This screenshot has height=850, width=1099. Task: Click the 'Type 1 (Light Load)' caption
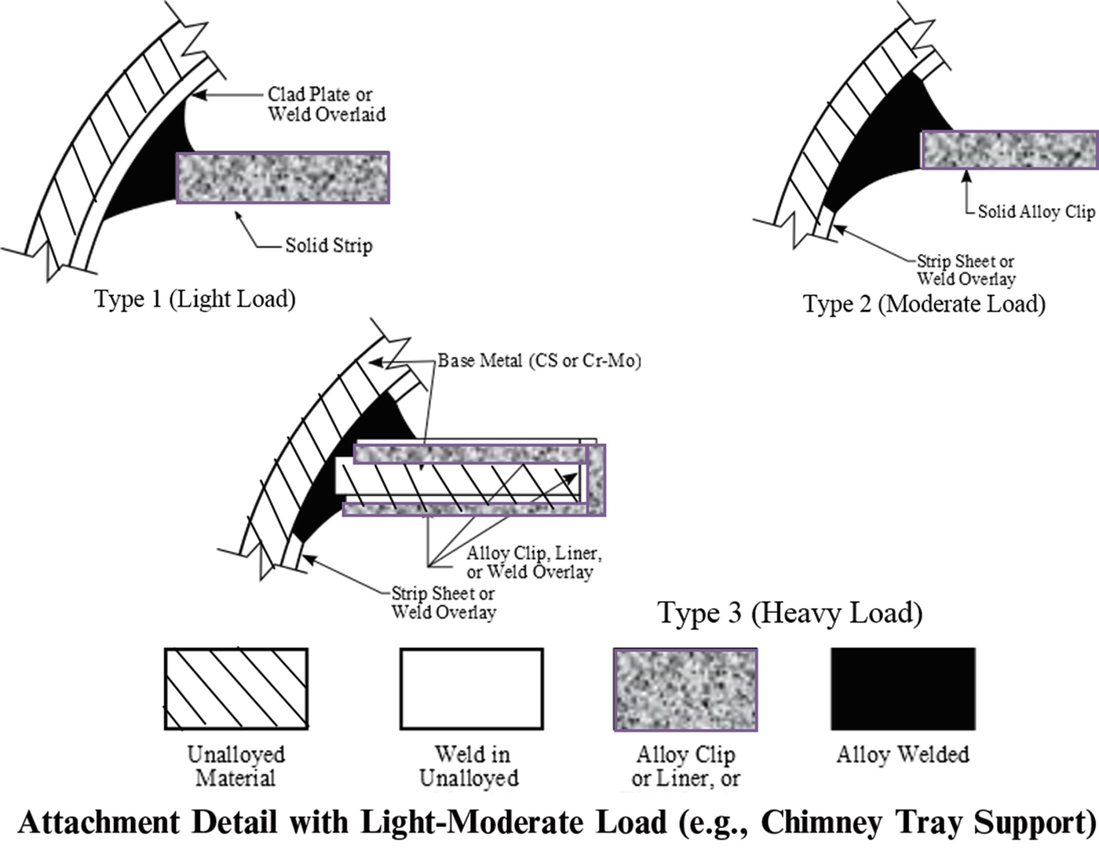195,299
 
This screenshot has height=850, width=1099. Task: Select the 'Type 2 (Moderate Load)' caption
924,304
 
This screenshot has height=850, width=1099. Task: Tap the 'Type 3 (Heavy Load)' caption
790,613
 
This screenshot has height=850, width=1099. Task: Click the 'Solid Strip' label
328,246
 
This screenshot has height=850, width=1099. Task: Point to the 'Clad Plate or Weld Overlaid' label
326,104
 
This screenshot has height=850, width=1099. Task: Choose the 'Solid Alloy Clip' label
1035,211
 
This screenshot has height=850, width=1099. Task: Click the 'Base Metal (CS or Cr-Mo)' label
539,361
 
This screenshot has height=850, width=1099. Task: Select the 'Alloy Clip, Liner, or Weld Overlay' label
533,563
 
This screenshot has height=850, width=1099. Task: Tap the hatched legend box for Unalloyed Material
235,689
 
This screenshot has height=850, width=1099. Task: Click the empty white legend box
471,689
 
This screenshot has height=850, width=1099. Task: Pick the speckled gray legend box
685,689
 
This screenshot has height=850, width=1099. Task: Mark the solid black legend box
903,689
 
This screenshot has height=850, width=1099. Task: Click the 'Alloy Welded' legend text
903,755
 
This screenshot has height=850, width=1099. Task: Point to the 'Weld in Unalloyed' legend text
469,766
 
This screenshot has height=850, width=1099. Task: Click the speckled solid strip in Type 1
283,177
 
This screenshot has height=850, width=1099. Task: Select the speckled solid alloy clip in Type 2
1009,149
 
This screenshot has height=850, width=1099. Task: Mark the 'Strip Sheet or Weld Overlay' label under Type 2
966,270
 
